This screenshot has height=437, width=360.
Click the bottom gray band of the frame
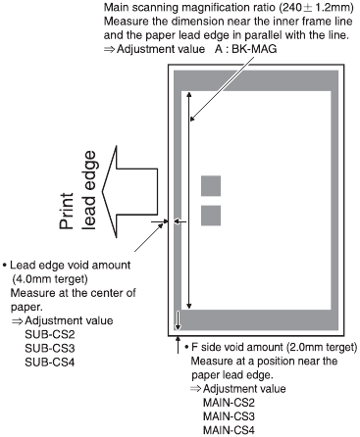(257, 320)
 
